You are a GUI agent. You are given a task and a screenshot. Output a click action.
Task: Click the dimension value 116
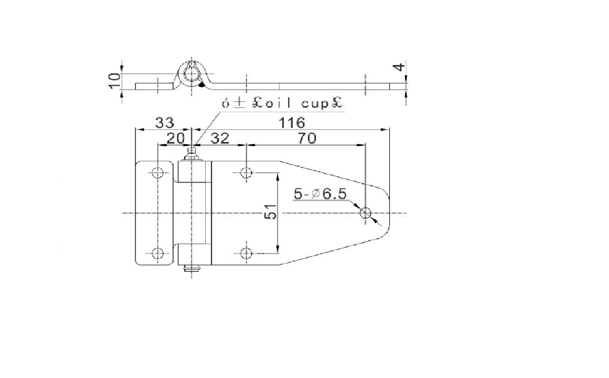coord(292,123)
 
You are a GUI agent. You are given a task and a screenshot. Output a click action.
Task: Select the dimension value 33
coord(164,123)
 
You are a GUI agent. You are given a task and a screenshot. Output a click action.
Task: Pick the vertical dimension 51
coord(271,211)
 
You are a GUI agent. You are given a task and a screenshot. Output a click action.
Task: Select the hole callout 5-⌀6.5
coord(320,194)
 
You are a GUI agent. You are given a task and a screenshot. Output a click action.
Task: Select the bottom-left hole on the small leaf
coord(158,253)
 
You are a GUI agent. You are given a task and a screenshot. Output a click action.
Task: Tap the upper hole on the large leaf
coord(246,173)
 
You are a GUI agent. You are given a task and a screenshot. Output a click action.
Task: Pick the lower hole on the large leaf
coord(246,253)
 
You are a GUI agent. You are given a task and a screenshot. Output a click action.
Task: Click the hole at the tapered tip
coord(366,212)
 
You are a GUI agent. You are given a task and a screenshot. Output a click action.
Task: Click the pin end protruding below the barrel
coord(192,269)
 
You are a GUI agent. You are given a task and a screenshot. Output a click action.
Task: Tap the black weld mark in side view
coord(202,85)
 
